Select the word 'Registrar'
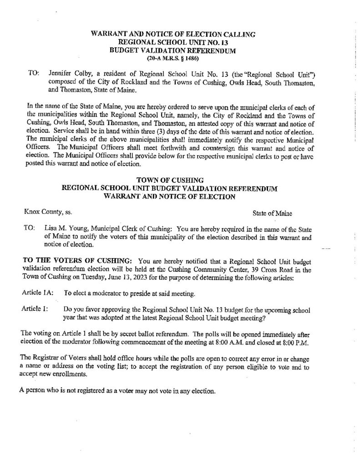pyautogui.click(x=49, y=356)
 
